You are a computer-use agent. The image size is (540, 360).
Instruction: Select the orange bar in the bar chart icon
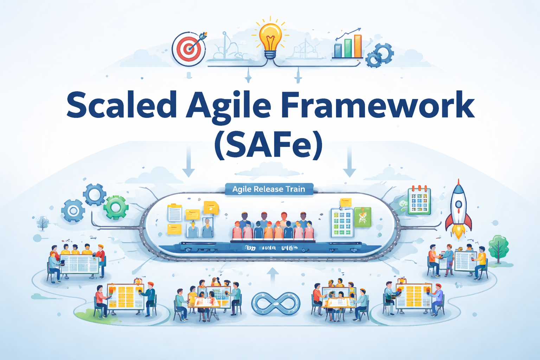358,46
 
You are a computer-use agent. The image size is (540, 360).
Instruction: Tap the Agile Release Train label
269,189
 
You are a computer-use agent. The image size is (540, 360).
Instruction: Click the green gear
116,208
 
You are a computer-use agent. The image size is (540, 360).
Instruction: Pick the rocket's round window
458,204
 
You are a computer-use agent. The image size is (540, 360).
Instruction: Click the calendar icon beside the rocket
419,200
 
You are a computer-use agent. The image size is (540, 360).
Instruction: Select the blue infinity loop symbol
276,303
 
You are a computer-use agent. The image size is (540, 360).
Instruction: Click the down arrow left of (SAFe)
188,162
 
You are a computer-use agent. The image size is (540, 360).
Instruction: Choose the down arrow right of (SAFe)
349,162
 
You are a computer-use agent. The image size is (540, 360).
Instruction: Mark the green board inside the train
362,217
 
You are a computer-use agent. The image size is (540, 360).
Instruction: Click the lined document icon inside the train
175,213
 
